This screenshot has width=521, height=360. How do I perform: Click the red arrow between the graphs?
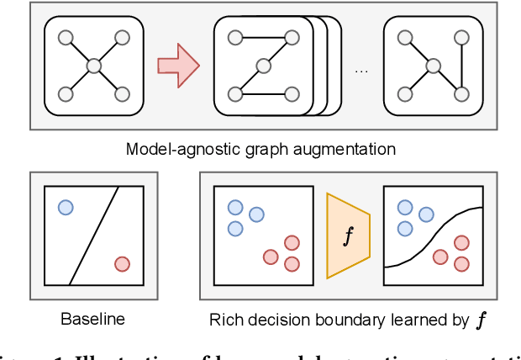[x=177, y=66]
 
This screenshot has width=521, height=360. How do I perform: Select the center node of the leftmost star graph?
[x=94, y=66]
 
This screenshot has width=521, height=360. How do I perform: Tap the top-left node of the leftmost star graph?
[x=66, y=38]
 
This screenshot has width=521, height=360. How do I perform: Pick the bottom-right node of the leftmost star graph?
[x=122, y=93]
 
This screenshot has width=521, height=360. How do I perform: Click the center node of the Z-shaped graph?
[x=264, y=66]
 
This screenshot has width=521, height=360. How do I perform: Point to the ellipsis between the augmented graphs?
[x=361, y=69]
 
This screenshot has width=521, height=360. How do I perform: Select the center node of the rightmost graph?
[x=433, y=66]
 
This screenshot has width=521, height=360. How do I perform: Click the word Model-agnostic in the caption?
[x=171, y=150]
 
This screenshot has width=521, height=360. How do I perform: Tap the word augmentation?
[x=353, y=150]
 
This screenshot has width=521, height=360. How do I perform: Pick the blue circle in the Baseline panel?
[x=66, y=208]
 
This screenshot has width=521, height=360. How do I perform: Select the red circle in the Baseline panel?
[x=122, y=264]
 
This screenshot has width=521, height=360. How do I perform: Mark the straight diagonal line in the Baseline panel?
[x=93, y=236]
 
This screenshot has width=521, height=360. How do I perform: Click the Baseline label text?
[x=92, y=319]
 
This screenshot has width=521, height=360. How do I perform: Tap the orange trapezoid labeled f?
[x=348, y=236]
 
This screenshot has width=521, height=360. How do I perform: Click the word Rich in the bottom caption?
[x=223, y=319]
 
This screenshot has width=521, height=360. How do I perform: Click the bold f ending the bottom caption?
[x=482, y=320]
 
